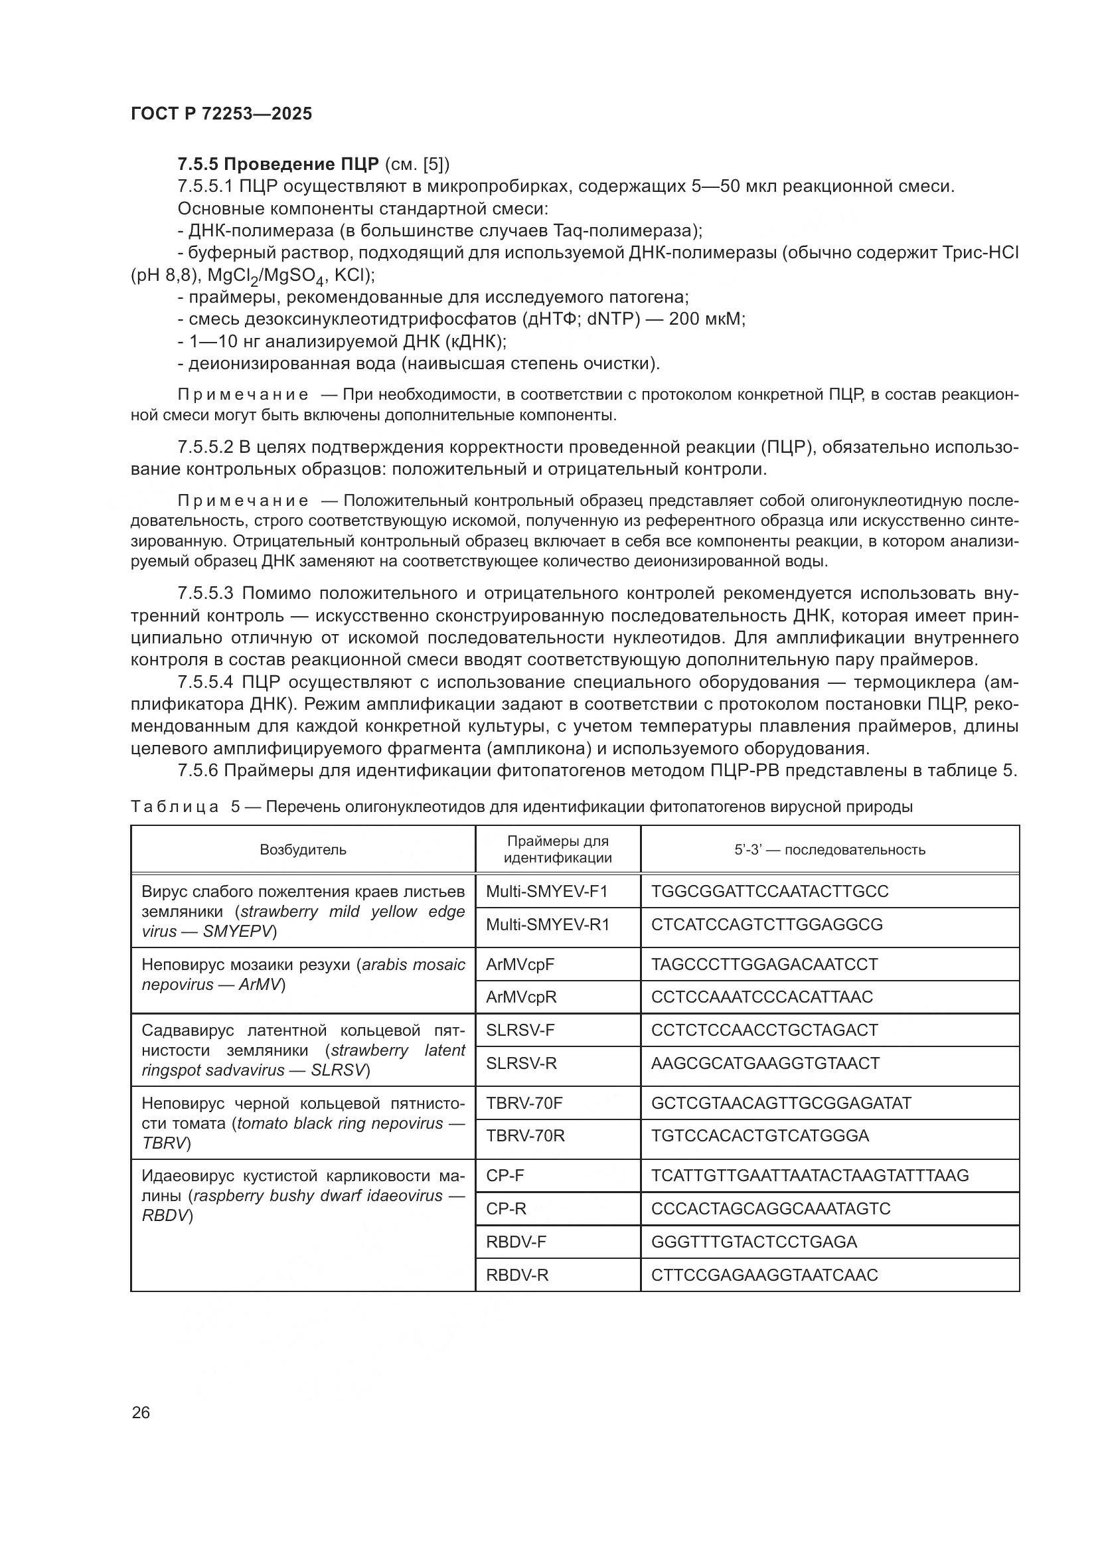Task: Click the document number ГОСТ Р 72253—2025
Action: pos(221,114)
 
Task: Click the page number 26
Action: pos(141,1412)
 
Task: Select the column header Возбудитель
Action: pos(303,850)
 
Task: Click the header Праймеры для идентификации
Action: pos(558,850)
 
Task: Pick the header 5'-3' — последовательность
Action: pos(830,850)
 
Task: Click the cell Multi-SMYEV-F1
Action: pos(546,891)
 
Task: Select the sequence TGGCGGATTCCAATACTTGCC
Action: pos(769,891)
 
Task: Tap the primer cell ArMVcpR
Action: pos(520,997)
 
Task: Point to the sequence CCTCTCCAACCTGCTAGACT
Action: pos(764,1030)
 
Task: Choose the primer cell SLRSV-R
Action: pos(521,1063)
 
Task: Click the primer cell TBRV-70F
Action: pos(524,1103)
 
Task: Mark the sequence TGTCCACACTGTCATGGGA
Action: pos(759,1135)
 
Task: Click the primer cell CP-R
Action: pos(506,1208)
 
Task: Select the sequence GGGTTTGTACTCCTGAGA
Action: pos(753,1242)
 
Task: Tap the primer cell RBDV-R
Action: pos(517,1275)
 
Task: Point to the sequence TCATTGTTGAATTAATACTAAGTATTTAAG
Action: pos(809,1176)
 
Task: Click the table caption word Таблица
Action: pos(175,806)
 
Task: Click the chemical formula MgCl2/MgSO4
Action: pos(268,276)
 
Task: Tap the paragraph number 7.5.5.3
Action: pos(205,593)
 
